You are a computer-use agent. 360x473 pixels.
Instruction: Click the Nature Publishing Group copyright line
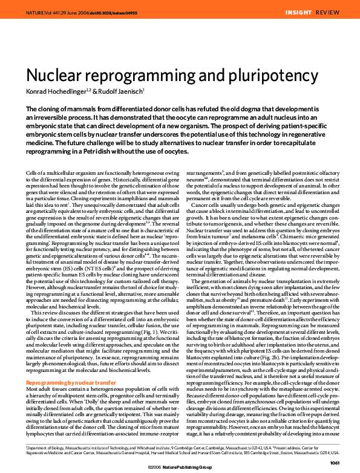tap(180, 468)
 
